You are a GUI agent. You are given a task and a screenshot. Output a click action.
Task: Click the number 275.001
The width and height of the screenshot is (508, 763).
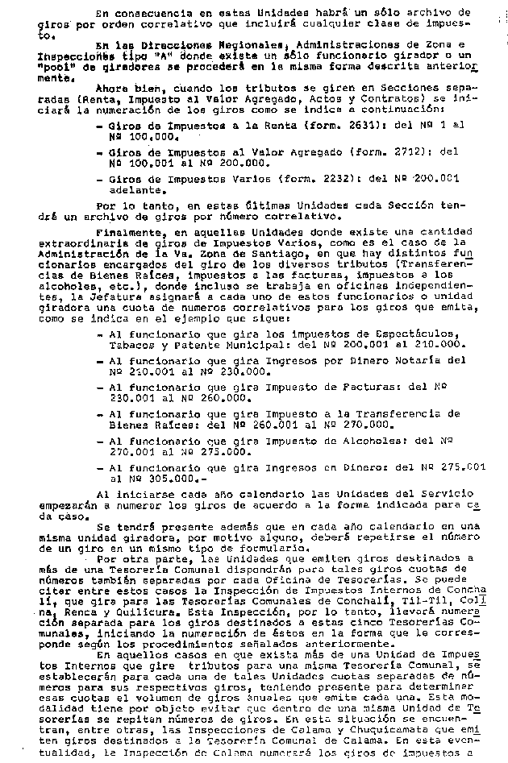tap(465, 467)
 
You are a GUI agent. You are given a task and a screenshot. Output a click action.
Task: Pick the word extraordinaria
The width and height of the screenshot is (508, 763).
tap(88, 241)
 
